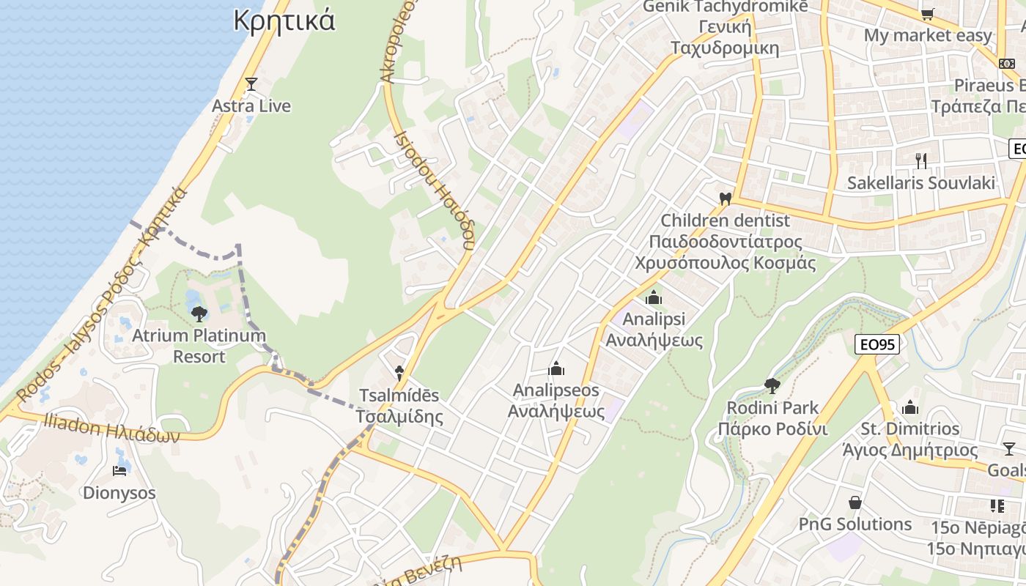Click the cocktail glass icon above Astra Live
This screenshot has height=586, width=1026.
(251, 84)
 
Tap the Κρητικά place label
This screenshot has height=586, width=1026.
(284, 21)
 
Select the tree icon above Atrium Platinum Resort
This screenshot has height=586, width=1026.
(199, 314)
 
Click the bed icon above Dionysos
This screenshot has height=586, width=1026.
(119, 470)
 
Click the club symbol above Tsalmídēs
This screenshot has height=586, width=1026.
(399, 373)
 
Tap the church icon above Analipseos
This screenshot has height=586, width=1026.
(556, 368)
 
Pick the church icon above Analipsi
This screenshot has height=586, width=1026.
(654, 297)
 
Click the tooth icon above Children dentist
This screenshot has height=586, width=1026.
(726, 199)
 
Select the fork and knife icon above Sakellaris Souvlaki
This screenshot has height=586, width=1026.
(921, 160)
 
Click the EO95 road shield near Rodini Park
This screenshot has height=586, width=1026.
(877, 344)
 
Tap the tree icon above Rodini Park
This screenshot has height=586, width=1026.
(772, 385)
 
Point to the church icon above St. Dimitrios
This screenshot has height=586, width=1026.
(910, 407)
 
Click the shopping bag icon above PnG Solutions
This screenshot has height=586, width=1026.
(855, 502)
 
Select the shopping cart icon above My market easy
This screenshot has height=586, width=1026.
(927, 14)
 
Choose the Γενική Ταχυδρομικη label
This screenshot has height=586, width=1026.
(725, 38)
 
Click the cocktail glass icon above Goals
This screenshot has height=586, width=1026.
(1009, 449)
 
